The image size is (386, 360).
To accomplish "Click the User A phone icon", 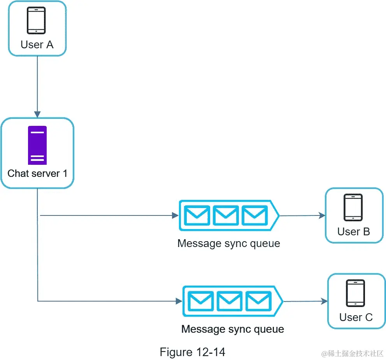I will click(x=36, y=20).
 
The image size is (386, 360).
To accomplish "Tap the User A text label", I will click(x=37, y=44).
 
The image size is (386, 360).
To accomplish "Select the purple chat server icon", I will click(x=37, y=145).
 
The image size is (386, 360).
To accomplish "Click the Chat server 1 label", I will click(x=37, y=173).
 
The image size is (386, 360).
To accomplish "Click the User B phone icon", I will click(x=353, y=208).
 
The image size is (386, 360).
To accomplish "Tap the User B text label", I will click(x=353, y=231).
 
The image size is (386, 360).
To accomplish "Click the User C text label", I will click(x=356, y=317).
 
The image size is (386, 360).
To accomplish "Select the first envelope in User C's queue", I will click(x=201, y=301).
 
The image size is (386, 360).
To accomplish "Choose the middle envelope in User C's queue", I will click(x=230, y=301).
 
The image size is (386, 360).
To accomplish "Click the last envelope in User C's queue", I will click(x=258, y=301).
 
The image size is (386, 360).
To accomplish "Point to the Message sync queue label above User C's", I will click(x=228, y=244).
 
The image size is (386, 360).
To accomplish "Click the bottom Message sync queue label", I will click(x=232, y=329).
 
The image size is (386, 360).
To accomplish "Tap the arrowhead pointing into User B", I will click(x=321, y=215).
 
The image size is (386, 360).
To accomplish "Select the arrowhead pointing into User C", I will click(x=324, y=301).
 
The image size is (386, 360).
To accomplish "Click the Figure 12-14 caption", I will click(x=192, y=352).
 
